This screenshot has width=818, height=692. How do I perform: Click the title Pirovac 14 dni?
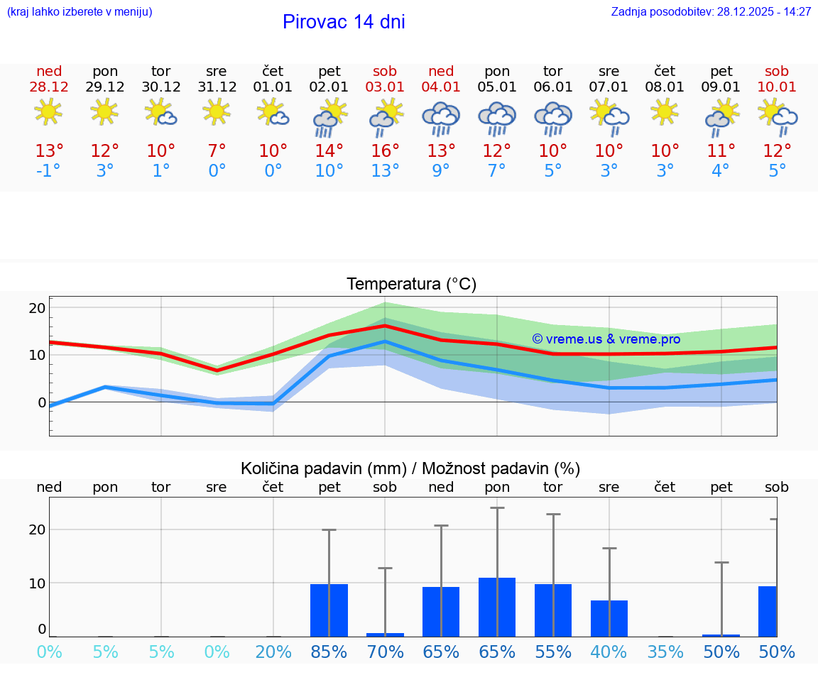point(344,22)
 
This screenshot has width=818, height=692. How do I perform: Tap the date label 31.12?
point(217,87)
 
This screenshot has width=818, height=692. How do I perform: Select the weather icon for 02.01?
point(329,118)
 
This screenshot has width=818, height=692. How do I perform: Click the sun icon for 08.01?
point(665,112)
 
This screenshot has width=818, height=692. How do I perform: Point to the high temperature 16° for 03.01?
point(385,151)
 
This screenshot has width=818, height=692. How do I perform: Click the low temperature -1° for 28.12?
point(49,171)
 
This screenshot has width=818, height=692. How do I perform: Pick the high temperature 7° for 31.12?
point(217,151)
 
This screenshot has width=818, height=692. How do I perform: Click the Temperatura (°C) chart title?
point(411,285)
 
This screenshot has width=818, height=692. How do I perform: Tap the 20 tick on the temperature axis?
point(37,308)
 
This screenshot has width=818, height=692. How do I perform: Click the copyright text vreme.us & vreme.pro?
point(606,339)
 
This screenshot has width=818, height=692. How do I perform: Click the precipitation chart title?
point(410,468)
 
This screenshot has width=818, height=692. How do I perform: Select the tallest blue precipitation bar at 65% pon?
point(497,607)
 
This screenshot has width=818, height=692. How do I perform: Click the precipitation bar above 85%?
point(329,610)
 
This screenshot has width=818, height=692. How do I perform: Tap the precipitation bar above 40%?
point(609,618)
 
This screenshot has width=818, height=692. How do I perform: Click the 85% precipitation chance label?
point(329,652)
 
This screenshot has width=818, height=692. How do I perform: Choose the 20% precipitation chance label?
point(273,652)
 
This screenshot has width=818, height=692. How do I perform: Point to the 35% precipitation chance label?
point(665,652)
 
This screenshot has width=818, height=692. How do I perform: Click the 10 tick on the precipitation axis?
point(37,583)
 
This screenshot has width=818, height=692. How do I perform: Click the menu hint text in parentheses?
point(80,12)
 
